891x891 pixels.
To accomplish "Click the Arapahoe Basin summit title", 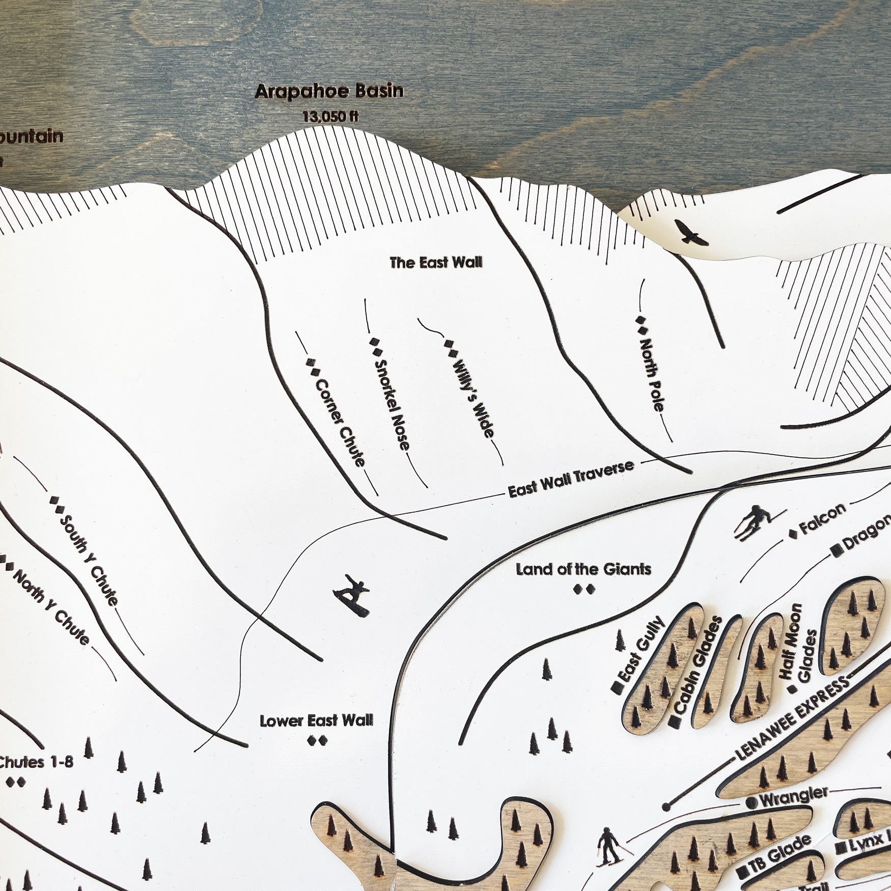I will coord(329,92).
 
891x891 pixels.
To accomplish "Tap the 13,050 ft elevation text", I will coord(330,117).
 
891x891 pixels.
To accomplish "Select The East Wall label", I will coord(436,263).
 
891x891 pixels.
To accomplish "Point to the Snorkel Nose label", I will coord(392,405).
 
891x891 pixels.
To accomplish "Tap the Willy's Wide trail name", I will coord(473,399).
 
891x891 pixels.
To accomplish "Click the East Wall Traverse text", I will coord(571,479).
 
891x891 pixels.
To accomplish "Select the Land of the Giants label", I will coord(583,569).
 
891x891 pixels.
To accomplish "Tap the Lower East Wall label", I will coord(316,721).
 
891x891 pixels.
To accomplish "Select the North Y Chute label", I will coord(51,607).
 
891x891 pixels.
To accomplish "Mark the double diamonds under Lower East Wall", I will coord(317,741).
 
